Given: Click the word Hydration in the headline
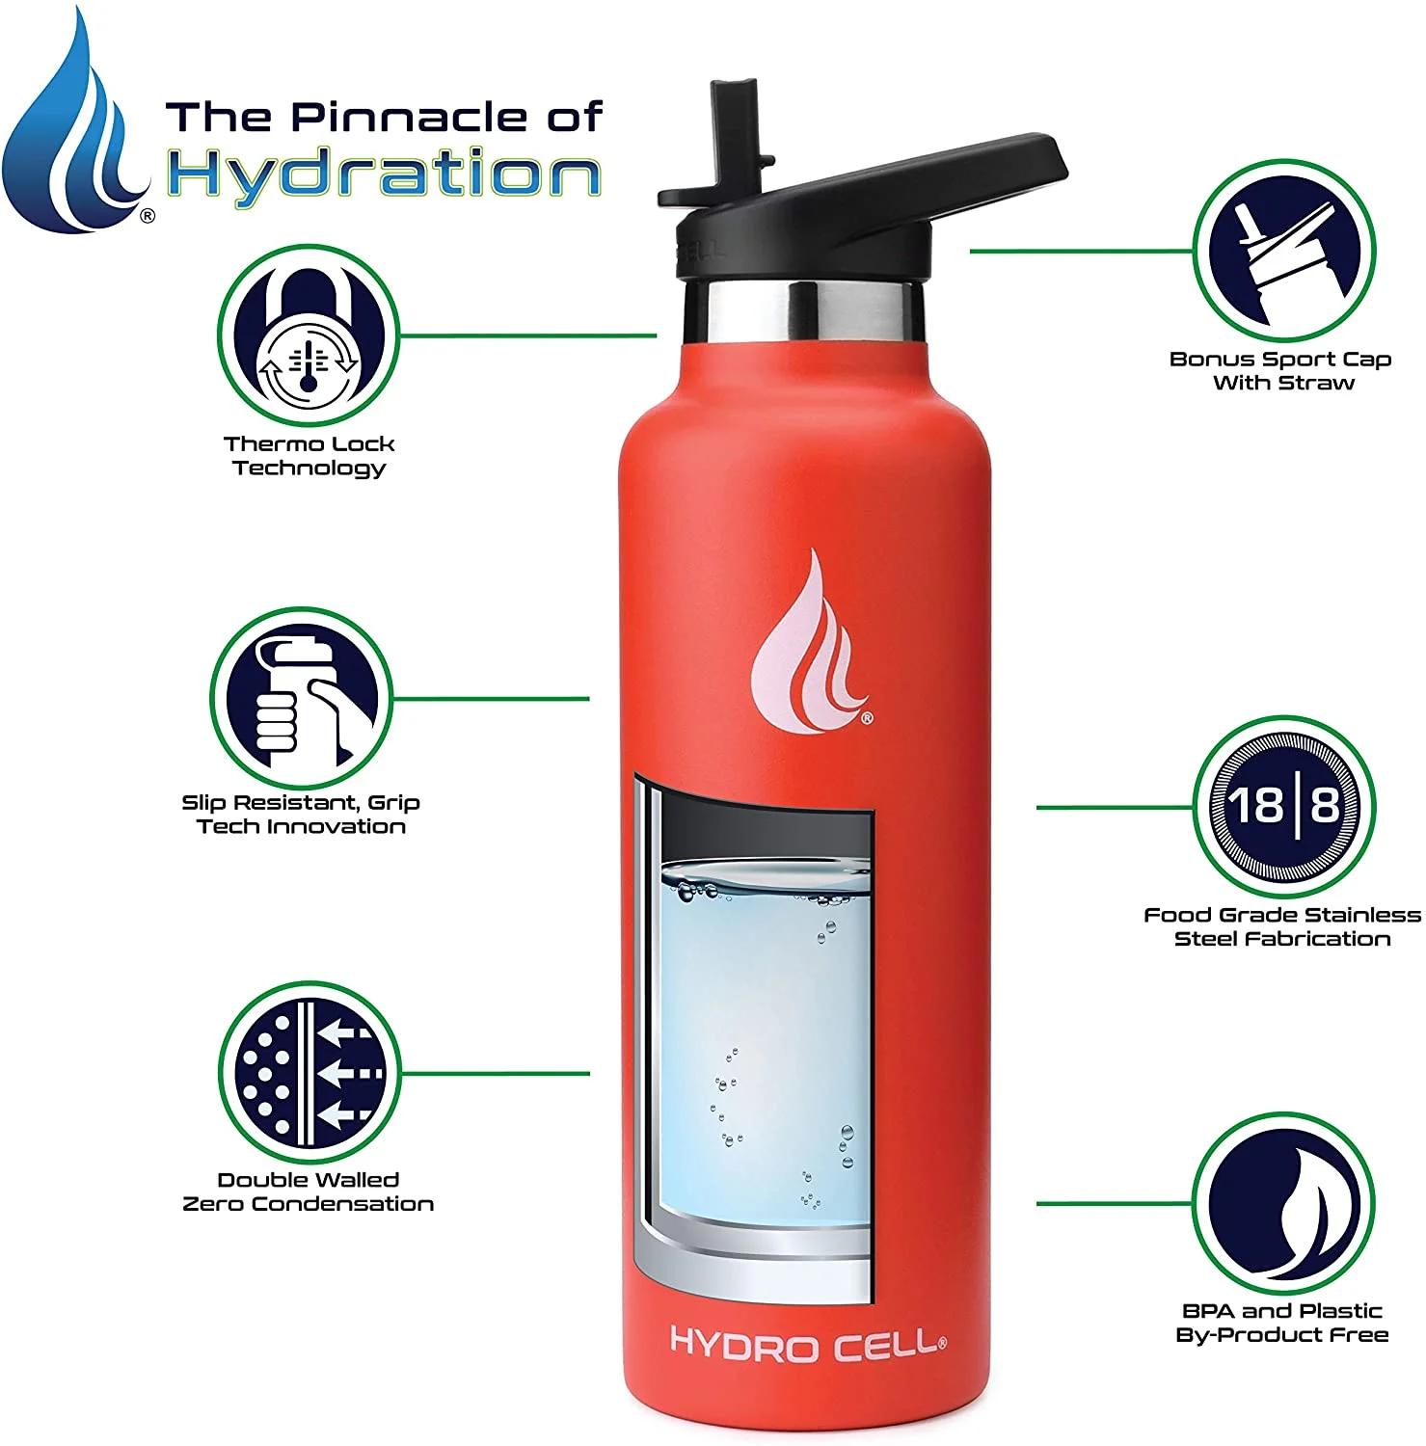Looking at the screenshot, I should click(x=384, y=175).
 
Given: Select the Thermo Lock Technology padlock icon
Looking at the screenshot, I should click(x=309, y=335).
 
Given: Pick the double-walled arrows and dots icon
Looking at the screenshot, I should click(x=309, y=1072).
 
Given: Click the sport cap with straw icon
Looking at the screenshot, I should click(x=1283, y=252).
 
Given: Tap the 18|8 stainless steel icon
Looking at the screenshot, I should click(x=1283, y=805).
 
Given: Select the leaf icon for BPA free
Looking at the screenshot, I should click(x=1283, y=1205).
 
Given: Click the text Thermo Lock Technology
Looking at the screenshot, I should click(x=309, y=456).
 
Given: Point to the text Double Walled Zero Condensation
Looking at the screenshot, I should click(x=309, y=1192).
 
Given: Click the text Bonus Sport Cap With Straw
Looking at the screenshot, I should click(x=1281, y=371).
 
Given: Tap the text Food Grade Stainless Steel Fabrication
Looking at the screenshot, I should click(x=1281, y=926).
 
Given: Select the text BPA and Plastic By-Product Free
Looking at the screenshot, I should click(x=1281, y=1323).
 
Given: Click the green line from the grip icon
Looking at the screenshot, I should click(x=492, y=699).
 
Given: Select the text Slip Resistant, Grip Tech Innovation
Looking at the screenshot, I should click(x=302, y=815).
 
